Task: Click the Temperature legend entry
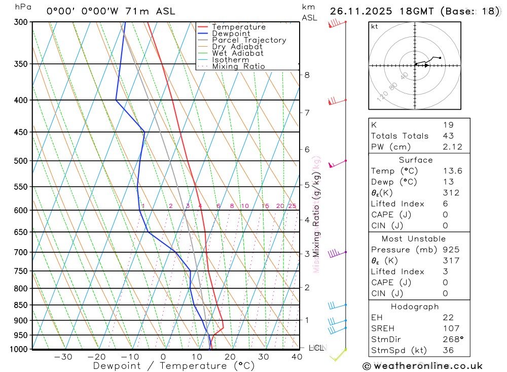(x=238, y=27)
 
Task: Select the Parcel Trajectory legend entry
(x=249, y=40)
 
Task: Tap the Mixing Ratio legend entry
(x=238, y=66)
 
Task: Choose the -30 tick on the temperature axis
(x=63, y=357)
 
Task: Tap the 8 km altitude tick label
(x=307, y=75)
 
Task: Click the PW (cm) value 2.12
(x=448, y=147)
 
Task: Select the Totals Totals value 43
(x=448, y=136)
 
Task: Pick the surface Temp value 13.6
(x=452, y=171)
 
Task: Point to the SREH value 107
(x=450, y=328)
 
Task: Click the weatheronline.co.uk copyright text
(x=422, y=365)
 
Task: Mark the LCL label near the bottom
(x=316, y=348)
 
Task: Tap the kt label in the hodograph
(x=375, y=26)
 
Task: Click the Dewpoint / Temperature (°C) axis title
(x=174, y=365)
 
